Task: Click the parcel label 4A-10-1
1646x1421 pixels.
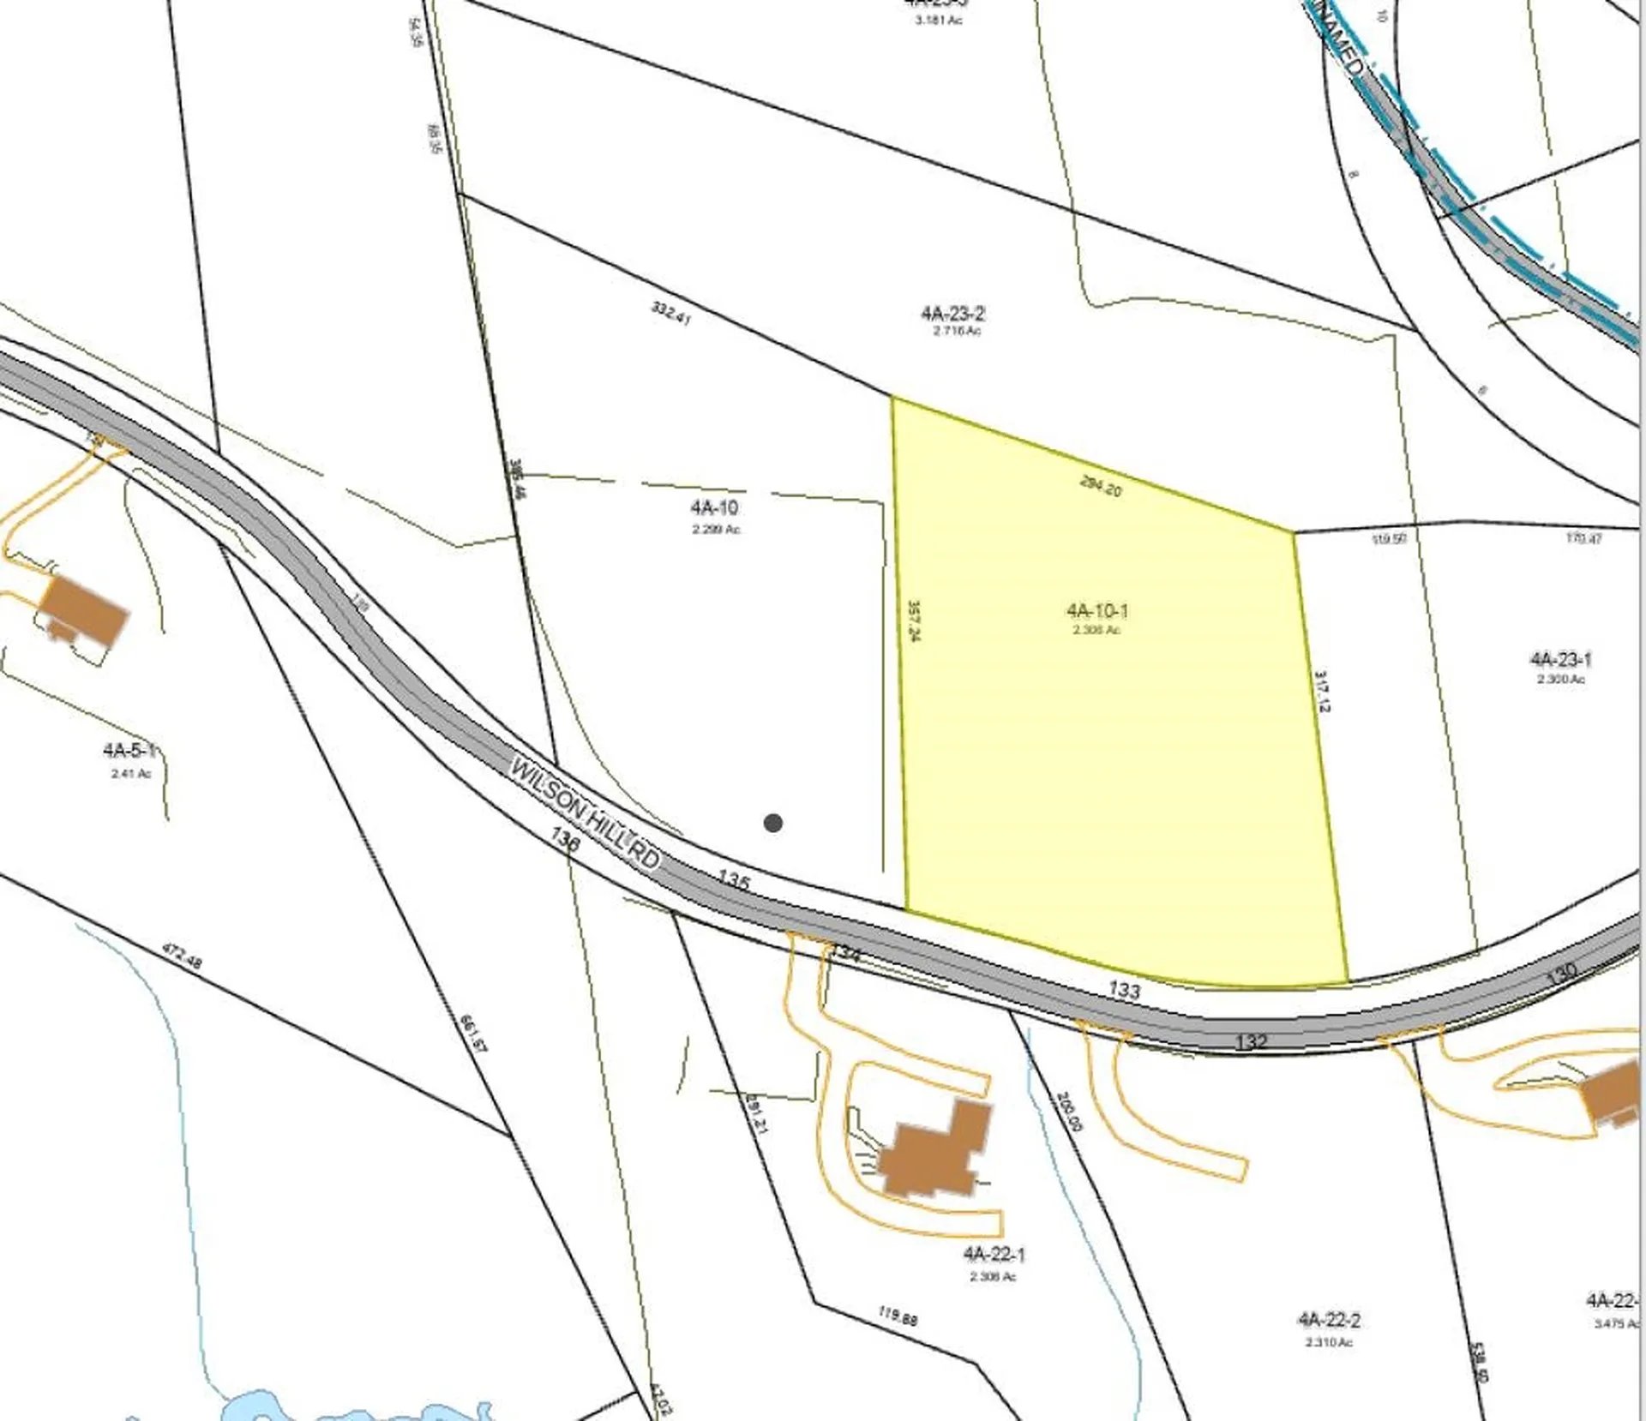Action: tap(1097, 611)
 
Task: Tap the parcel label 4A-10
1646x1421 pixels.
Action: tap(715, 508)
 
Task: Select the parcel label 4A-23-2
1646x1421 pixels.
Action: tap(952, 315)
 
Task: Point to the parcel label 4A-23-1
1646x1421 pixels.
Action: tap(1560, 660)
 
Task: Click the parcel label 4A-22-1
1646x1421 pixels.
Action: tap(994, 1255)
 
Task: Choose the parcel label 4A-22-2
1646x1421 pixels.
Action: tap(1329, 1320)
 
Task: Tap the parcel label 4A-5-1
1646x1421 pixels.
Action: tap(129, 751)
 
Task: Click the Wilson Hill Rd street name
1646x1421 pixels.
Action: tap(586, 812)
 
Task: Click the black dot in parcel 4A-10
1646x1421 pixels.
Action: tap(772, 823)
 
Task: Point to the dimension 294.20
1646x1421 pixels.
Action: tap(1101, 486)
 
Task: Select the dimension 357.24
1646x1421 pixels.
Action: tap(914, 621)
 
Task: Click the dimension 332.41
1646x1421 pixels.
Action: tap(670, 313)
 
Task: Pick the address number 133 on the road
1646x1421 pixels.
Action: tap(1124, 990)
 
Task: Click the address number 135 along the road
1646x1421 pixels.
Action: tap(734, 880)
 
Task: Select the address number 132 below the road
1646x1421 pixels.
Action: tap(1251, 1041)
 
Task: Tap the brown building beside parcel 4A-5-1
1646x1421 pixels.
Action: tap(84, 609)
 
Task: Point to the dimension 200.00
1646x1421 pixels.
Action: tap(1069, 1111)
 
